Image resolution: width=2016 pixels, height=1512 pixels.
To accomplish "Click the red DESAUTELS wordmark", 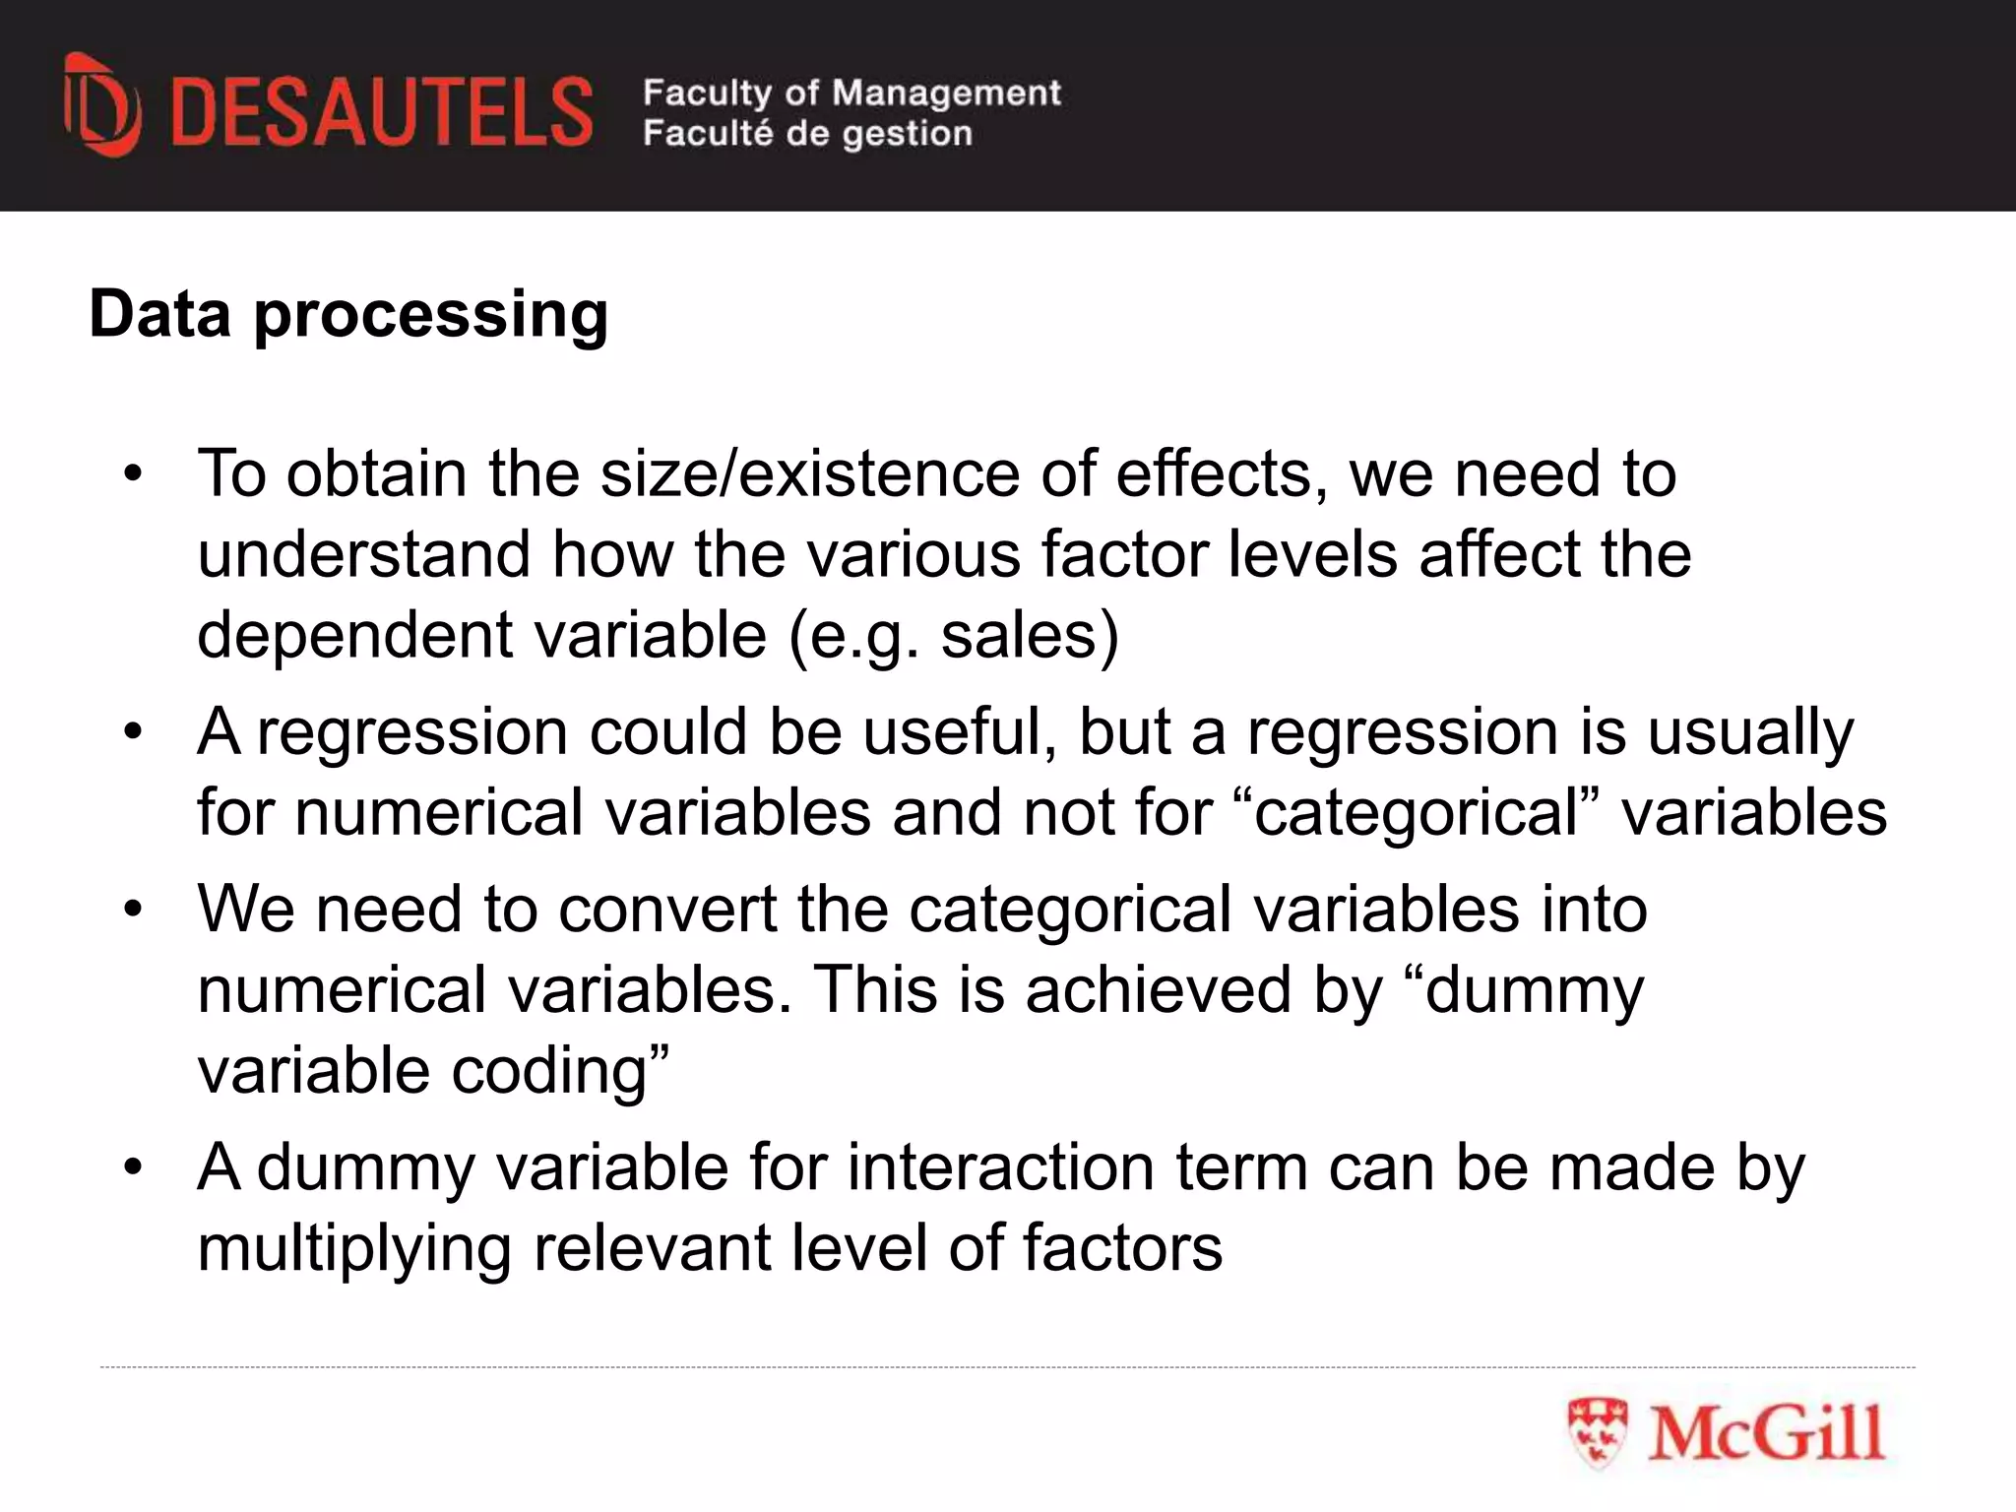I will (382, 113).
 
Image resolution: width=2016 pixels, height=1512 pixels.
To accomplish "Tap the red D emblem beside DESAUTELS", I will (101, 106).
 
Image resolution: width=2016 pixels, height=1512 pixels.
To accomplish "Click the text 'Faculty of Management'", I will (851, 93).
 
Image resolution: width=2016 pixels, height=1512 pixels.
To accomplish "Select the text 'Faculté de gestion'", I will (807, 133).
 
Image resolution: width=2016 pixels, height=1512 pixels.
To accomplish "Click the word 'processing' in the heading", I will (431, 315).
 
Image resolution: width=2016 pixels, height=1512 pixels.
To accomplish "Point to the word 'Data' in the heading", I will (159, 315).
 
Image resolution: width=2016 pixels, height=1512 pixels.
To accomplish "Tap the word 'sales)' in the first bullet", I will (1030, 635).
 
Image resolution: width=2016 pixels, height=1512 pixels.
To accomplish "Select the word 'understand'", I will (363, 554).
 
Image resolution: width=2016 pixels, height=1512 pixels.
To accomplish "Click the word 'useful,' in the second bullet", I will (960, 732).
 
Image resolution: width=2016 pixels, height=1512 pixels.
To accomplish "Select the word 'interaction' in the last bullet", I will (1000, 1167).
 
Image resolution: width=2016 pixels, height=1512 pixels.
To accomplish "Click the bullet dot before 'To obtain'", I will (133, 473).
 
